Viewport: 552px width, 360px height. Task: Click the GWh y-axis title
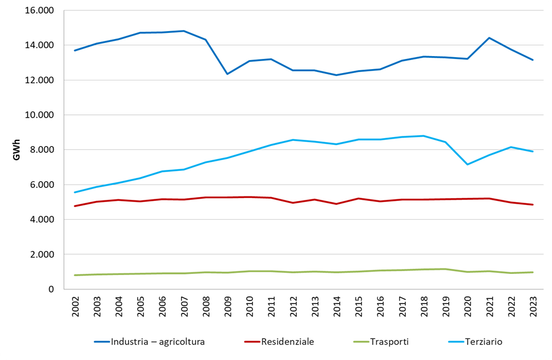(16, 150)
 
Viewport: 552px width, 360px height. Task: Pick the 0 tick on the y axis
(50, 289)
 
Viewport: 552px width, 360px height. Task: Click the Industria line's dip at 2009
(228, 74)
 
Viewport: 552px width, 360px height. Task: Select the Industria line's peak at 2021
(489, 38)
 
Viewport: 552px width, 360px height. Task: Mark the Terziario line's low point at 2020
(468, 164)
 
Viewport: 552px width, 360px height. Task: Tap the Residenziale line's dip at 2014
(337, 204)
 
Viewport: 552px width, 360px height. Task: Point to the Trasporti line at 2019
(446, 269)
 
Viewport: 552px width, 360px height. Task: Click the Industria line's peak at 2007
(184, 31)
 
